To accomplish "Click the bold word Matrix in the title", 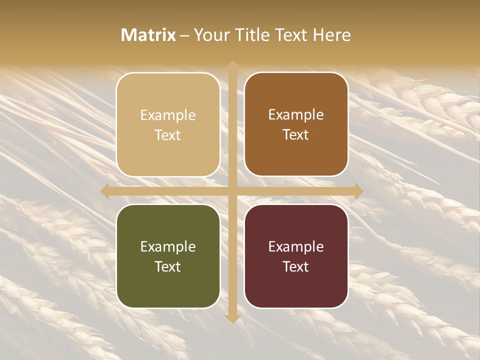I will click(148, 35).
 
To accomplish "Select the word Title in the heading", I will click(253, 35).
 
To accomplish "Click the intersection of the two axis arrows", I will click(232, 191).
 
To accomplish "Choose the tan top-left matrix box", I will click(168, 150).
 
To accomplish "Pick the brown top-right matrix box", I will click(296, 150).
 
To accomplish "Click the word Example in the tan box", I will click(168, 115).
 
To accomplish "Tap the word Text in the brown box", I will click(296, 135).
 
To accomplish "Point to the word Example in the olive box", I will click(168, 247).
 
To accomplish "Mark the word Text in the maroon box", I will click(296, 266).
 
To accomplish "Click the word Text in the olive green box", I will click(168, 266).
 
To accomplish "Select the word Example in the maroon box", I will click(296, 247).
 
